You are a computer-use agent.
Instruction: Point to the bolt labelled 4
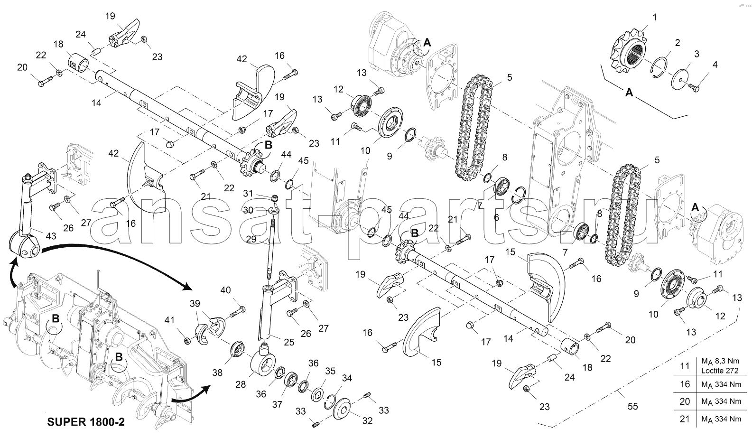pyautogui.click(x=696, y=87)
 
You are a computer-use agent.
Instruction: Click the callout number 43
pyautogui.click(x=51, y=236)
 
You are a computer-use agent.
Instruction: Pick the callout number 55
pyautogui.click(x=633, y=406)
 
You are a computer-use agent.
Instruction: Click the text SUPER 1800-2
pyautogui.click(x=86, y=422)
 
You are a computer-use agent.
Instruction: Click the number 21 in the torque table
pyautogui.click(x=685, y=419)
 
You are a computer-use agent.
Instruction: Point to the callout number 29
pyautogui.click(x=251, y=240)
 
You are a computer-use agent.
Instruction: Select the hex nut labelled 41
pyautogui.click(x=187, y=340)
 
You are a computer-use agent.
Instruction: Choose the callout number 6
pyautogui.click(x=496, y=216)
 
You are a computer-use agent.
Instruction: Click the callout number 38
pyautogui.click(x=217, y=373)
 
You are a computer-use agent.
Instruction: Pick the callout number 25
pyautogui.click(x=289, y=342)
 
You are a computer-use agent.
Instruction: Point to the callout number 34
pyautogui.click(x=347, y=378)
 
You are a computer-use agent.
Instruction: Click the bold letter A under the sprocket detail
pyautogui.click(x=629, y=93)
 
